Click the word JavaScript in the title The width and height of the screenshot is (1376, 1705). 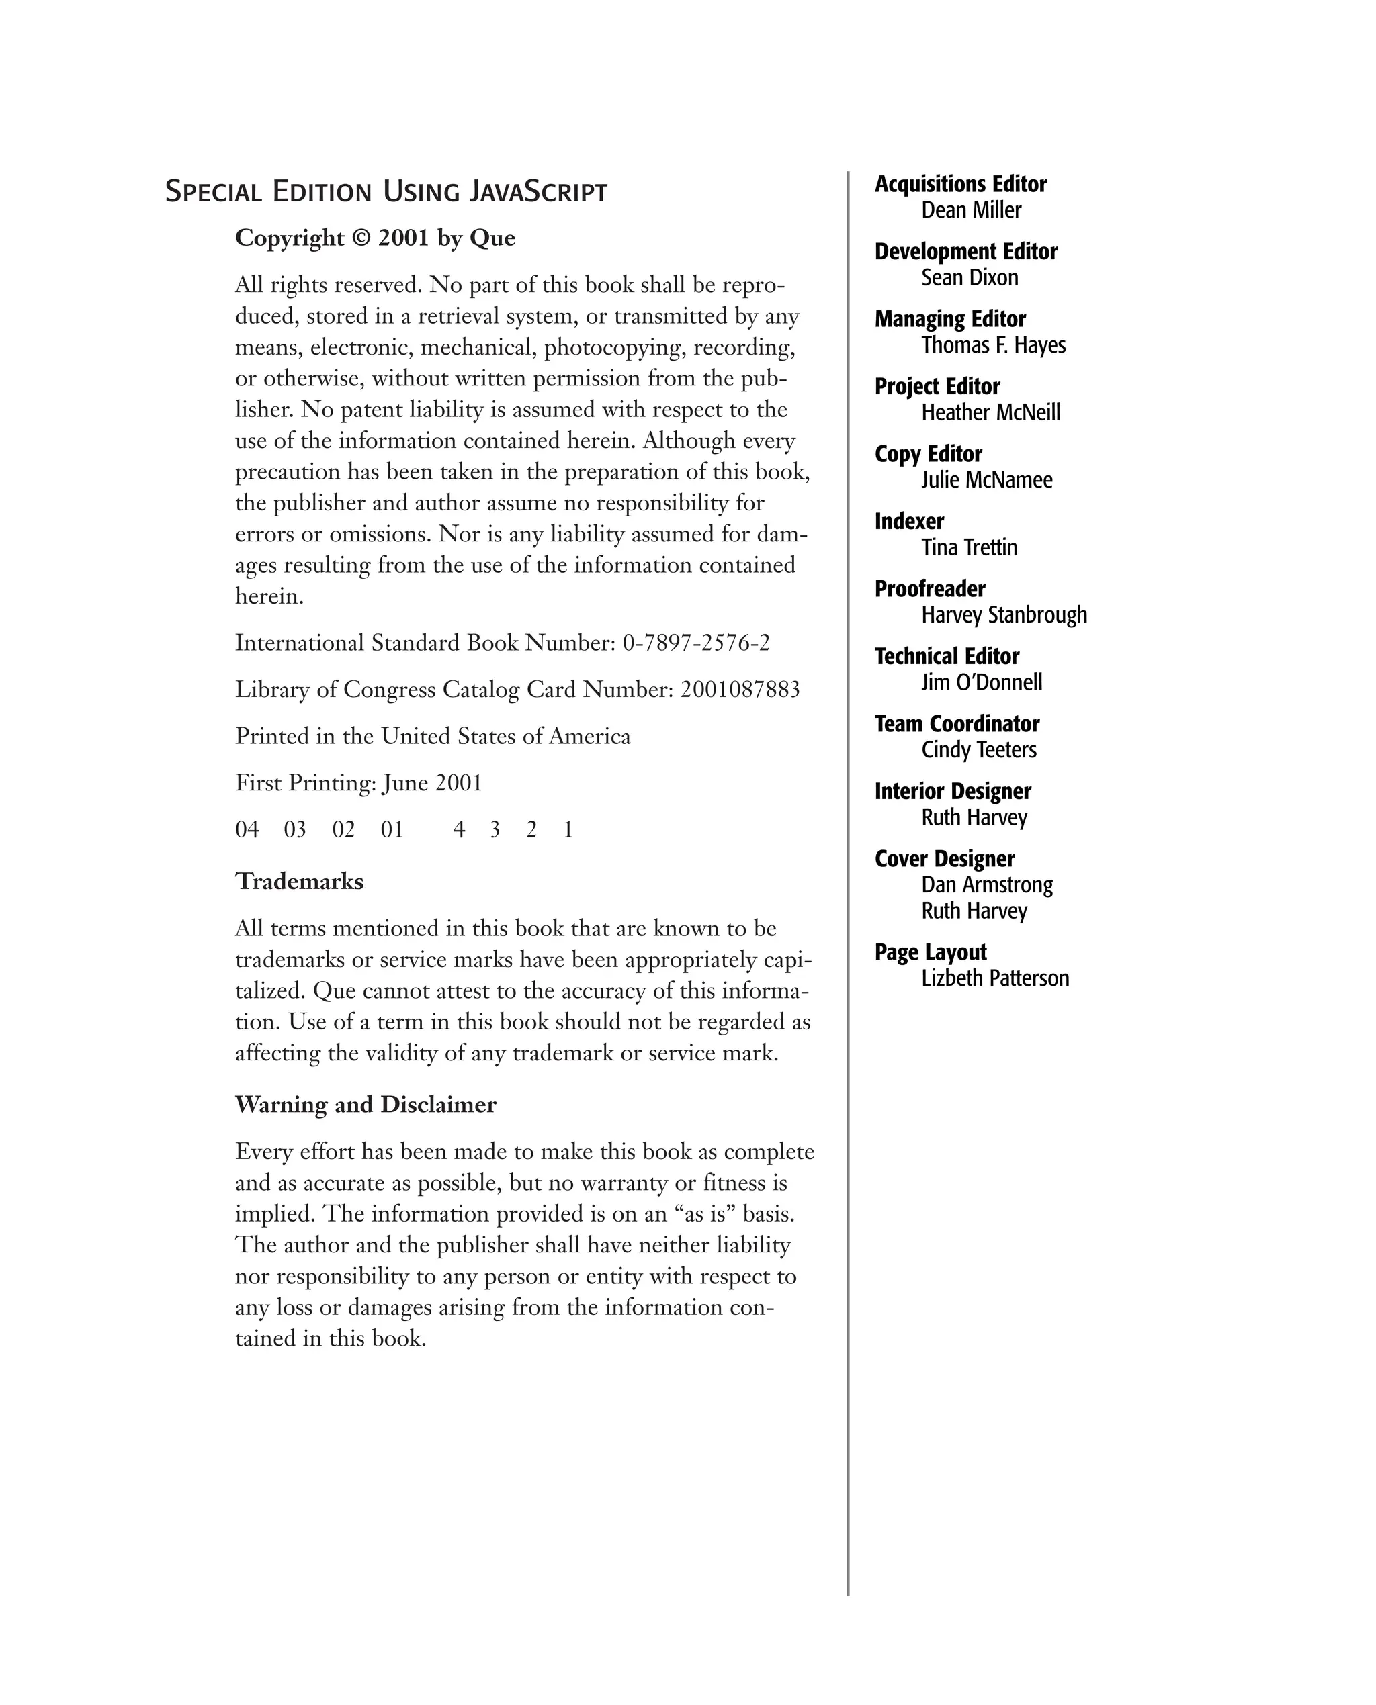pos(538,192)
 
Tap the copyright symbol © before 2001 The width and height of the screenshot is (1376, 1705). pos(361,238)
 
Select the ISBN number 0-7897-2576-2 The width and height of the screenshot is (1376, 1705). pos(696,643)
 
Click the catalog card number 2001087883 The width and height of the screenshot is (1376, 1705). pos(740,689)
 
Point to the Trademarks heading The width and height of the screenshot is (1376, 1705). pos(299,881)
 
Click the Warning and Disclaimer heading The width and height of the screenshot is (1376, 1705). pos(365,1104)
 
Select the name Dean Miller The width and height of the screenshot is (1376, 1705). pos(971,210)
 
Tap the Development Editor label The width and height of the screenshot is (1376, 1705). pos(965,251)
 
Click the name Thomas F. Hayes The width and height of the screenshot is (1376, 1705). pos(993,344)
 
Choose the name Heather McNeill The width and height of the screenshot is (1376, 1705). pos(990,412)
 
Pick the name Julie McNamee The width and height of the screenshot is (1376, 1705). pos(987,479)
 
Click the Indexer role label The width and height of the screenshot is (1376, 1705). pos(909,520)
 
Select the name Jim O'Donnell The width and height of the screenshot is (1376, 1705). pos(981,682)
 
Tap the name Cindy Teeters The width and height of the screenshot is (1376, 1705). pos(978,749)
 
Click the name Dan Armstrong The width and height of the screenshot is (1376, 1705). pos(987,884)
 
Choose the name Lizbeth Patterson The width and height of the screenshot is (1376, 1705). pos(995,978)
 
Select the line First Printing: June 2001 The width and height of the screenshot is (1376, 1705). pos(358,783)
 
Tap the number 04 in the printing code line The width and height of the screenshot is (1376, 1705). pos(247,829)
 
